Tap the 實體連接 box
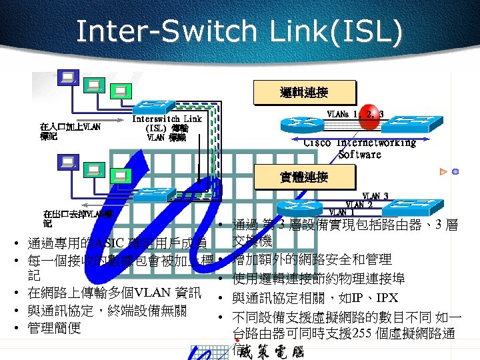coord(304,177)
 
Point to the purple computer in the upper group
coord(67,78)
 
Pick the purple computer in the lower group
coord(67,162)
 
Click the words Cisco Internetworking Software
coord(359,148)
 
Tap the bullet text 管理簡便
coord(55,328)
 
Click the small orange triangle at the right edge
coord(443,172)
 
